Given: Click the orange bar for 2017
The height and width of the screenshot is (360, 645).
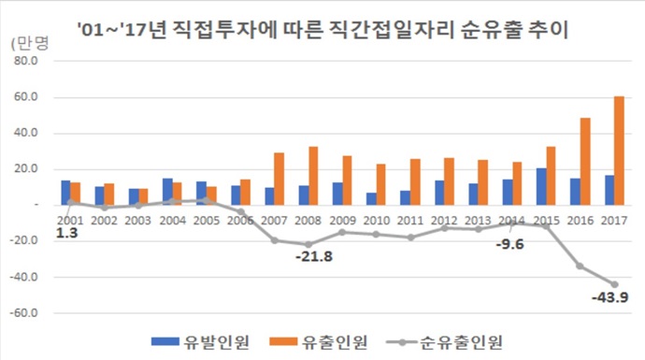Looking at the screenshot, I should (x=620, y=150).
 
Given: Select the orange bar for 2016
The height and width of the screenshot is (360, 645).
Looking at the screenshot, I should (x=585, y=161).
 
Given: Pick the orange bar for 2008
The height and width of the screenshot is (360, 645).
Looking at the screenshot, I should (x=312, y=175).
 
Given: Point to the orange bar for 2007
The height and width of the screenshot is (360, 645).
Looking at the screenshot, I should (x=278, y=179).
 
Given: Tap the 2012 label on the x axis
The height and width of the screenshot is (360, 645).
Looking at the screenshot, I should (x=443, y=221).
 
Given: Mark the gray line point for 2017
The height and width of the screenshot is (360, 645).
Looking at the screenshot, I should (x=614, y=284).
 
